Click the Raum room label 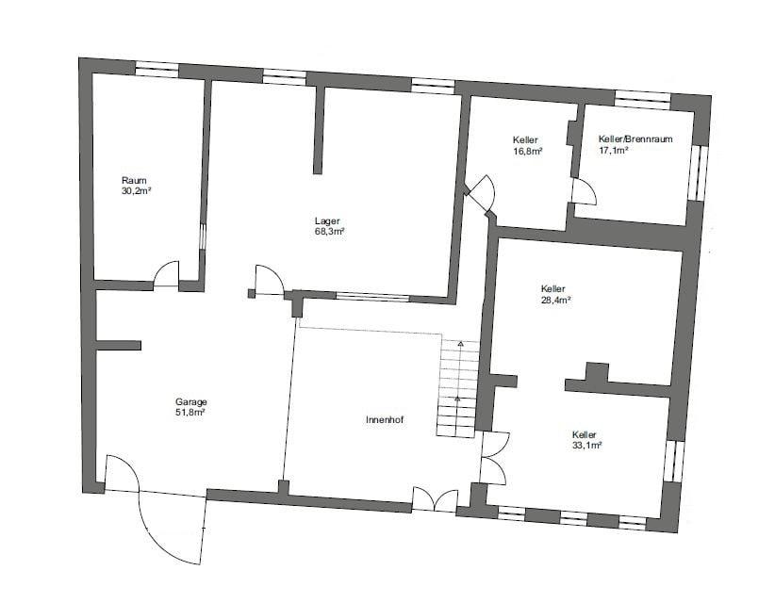tap(134, 180)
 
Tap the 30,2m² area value tap(136, 190)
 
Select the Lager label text tap(327, 221)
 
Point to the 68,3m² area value tap(330, 231)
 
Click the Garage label tap(190, 402)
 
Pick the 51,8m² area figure tap(190, 413)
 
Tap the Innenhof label tap(385, 420)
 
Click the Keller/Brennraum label tap(635, 139)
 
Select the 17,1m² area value tap(614, 150)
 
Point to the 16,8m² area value tap(528, 151)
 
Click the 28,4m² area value tap(556, 300)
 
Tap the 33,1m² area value tap(586, 446)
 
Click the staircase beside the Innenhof tap(457, 387)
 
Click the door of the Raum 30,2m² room tap(166, 274)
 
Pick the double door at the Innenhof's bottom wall tap(435, 498)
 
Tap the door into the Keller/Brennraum tap(585, 191)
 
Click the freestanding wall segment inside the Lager tap(319, 130)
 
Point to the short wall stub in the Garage tap(119, 345)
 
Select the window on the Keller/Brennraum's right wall tap(698, 172)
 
